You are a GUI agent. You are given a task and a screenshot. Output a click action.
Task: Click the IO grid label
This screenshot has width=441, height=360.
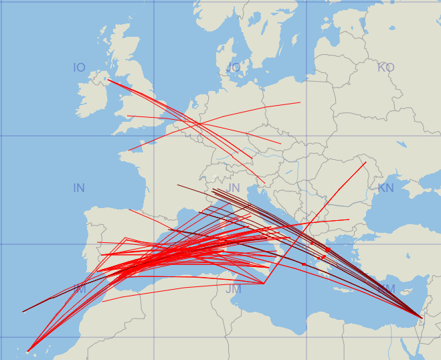pos(79,68)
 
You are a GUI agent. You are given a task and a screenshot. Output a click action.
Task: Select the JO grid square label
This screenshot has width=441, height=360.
pos(233,68)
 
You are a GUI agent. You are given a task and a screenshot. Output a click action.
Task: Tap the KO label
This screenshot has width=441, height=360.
pos(386,68)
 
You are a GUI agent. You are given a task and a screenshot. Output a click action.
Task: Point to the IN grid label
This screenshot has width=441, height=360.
pos(79,188)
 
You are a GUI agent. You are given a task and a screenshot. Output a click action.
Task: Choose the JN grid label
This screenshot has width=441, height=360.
pos(233,188)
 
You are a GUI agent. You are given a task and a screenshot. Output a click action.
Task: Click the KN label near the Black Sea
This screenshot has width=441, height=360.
pos(386,188)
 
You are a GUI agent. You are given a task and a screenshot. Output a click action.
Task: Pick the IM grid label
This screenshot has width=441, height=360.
pos(79,289)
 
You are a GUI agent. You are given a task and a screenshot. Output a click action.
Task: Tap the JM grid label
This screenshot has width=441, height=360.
pos(233,289)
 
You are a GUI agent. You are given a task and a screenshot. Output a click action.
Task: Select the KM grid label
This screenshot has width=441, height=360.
pos(387,288)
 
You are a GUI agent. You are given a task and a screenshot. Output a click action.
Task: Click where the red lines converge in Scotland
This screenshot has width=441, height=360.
pos(108,80)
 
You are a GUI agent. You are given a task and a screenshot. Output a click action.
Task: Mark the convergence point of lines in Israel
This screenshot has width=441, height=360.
pos(421,316)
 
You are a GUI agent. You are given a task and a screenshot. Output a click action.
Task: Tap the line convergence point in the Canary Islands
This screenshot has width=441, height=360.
pos(27,351)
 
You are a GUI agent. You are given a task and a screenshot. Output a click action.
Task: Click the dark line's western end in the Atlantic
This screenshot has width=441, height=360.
pos(23,312)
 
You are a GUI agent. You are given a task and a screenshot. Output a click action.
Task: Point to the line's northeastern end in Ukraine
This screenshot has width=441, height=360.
pos(366,162)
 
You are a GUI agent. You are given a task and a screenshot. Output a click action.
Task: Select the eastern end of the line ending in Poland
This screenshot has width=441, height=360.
pos(300,102)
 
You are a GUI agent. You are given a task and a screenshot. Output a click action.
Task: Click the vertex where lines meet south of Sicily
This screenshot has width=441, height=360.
pos(264,283)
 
